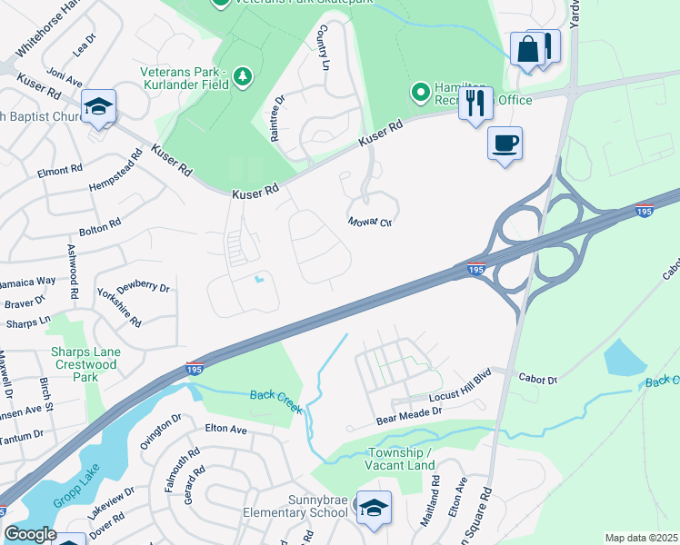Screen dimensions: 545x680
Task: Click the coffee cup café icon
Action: (505, 143)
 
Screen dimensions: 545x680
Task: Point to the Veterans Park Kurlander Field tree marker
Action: (242, 77)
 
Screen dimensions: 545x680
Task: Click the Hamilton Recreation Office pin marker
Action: (420, 92)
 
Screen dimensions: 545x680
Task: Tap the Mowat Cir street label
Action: (369, 222)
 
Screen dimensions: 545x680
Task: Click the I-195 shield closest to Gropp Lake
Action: (192, 368)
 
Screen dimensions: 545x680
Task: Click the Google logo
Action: (30, 533)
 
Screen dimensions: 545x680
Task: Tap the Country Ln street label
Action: (322, 47)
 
